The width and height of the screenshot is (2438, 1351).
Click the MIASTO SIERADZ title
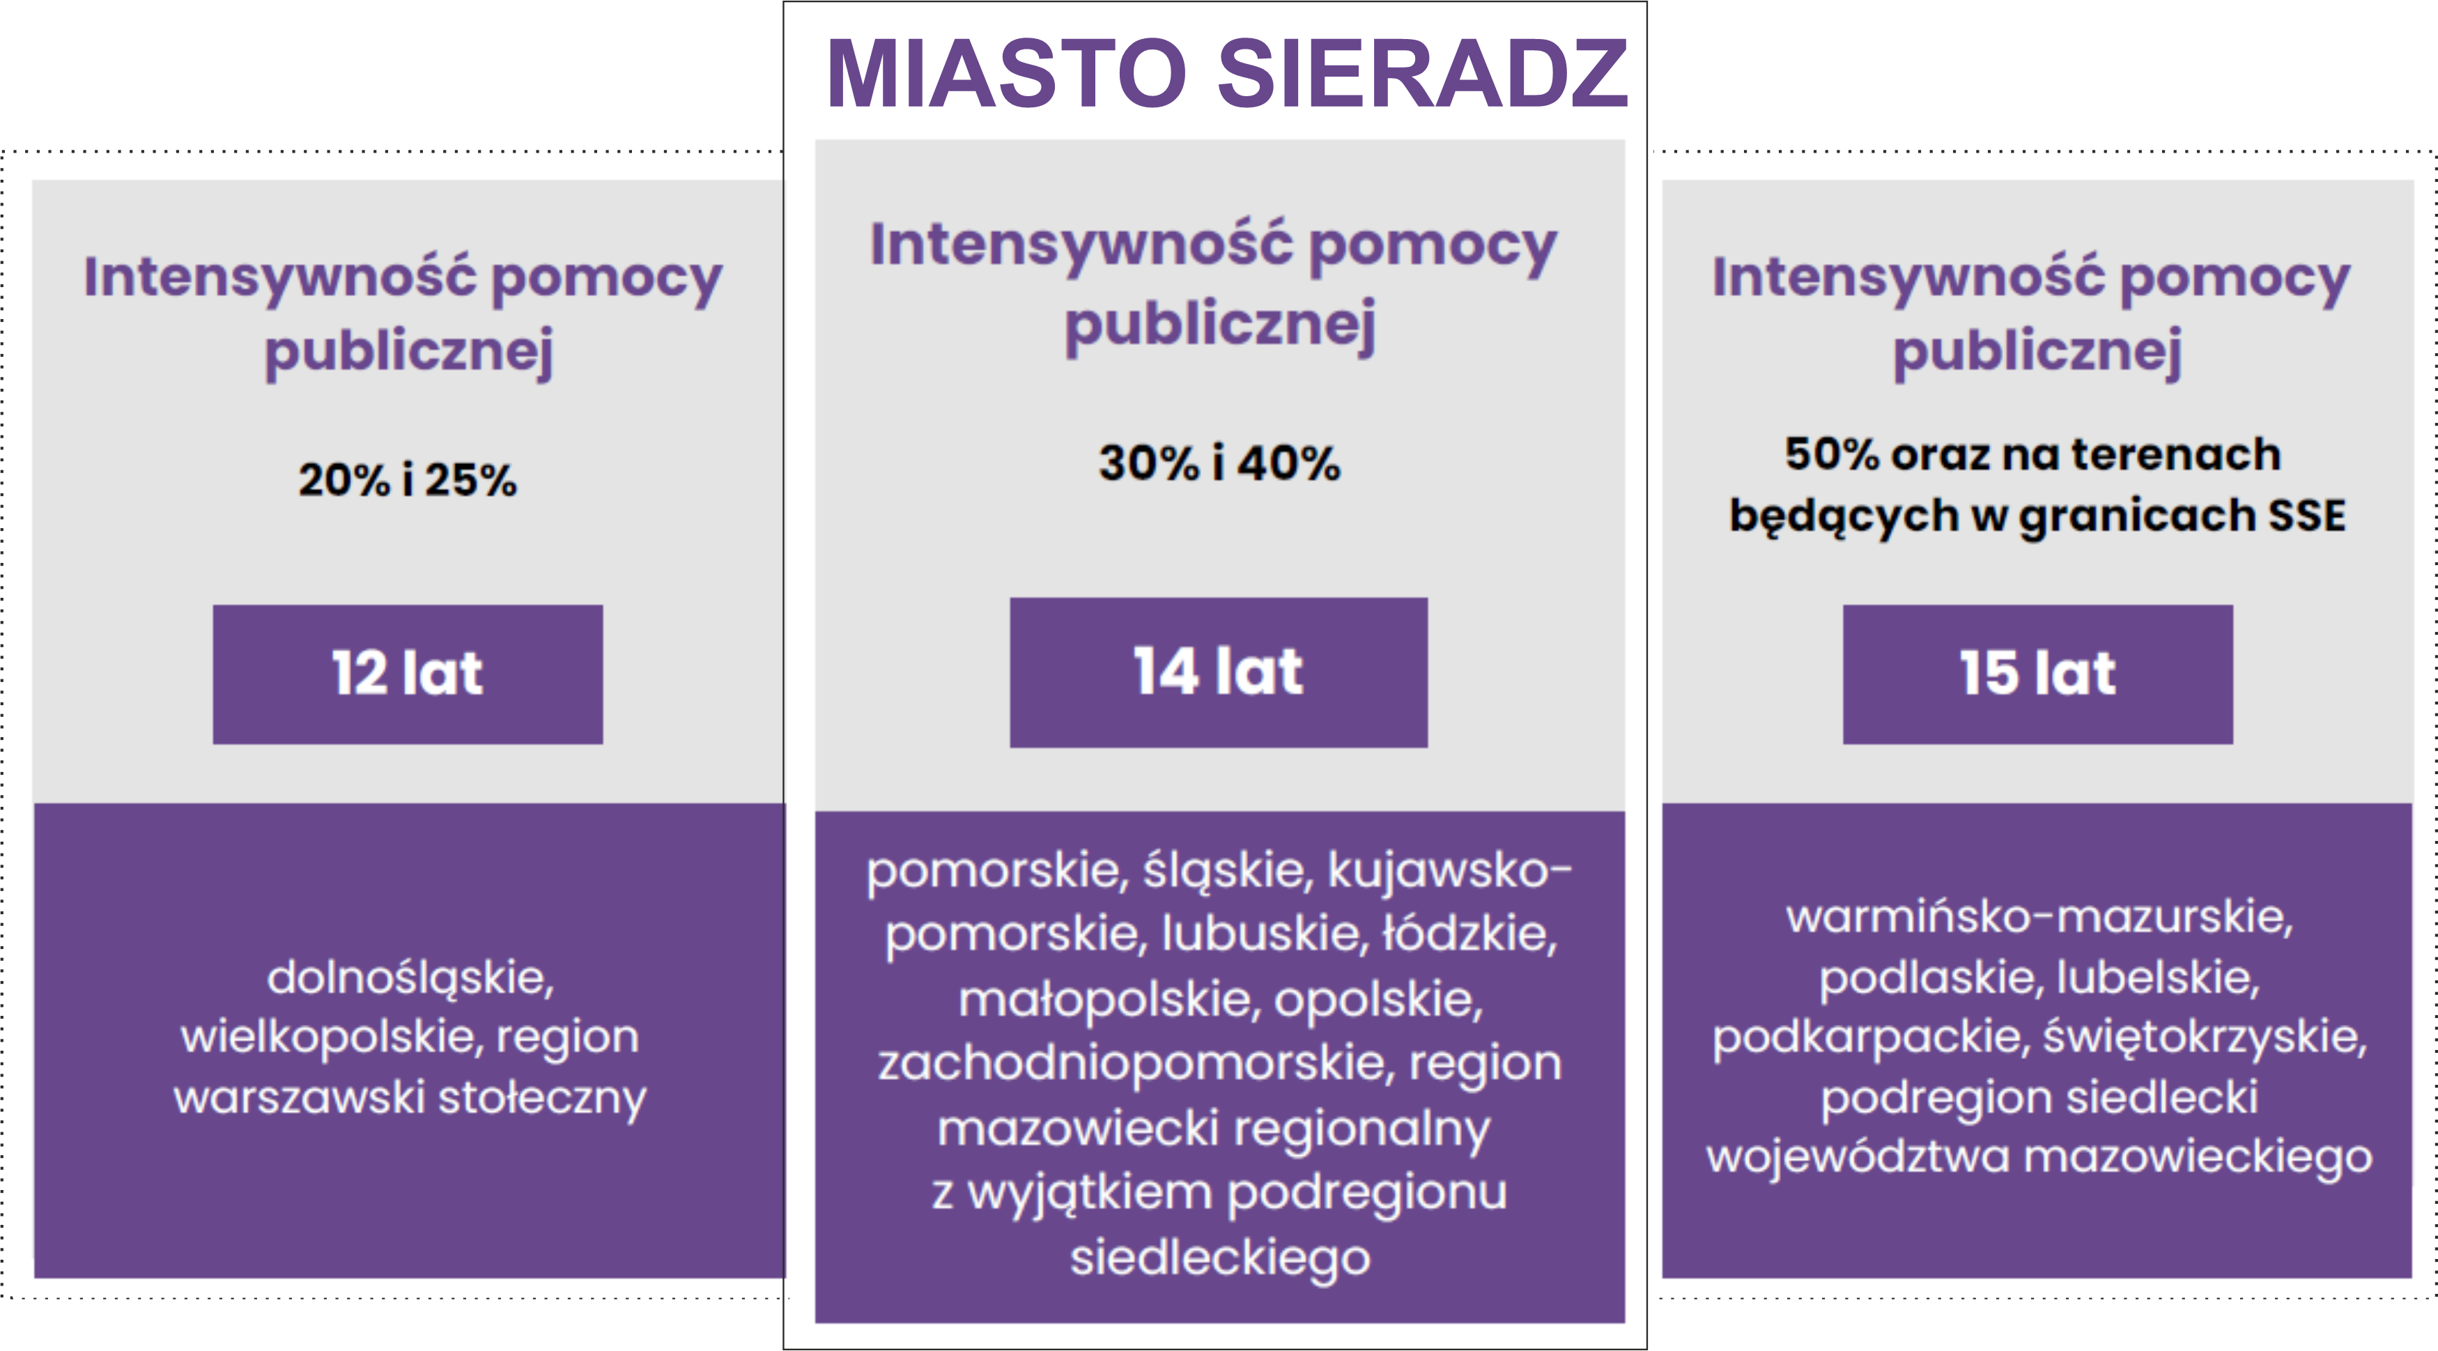(1226, 74)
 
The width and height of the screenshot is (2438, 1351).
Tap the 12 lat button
(407, 674)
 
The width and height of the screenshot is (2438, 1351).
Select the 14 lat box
(1218, 672)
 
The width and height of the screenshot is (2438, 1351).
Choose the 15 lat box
(2037, 674)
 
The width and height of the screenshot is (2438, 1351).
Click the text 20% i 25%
(407, 479)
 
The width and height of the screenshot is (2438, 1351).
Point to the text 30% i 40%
(1219, 463)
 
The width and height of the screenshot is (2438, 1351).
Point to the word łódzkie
(1469, 934)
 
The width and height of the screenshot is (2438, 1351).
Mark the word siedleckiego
(1220, 1258)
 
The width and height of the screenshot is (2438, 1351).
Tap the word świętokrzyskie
(2203, 1037)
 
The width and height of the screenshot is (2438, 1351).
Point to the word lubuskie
(1262, 934)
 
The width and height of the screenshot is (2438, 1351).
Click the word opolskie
(1378, 999)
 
